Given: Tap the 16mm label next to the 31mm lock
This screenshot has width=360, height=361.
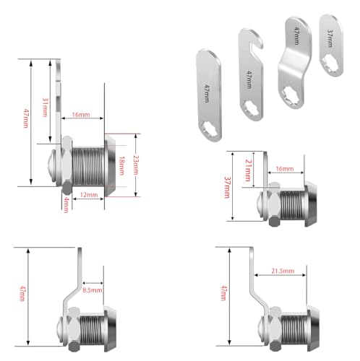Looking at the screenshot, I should pyautogui.click(x=81, y=116).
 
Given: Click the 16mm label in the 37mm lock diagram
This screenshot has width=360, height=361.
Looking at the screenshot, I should pyautogui.click(x=284, y=169).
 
